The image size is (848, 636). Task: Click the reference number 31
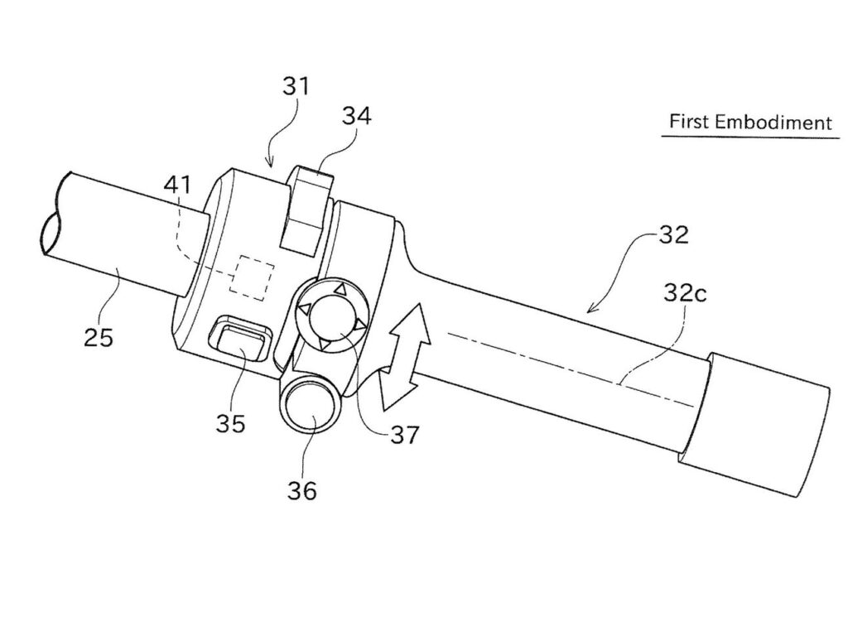pos(296,87)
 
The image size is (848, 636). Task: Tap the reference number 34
pos(357,116)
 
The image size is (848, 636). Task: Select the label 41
pos(178,185)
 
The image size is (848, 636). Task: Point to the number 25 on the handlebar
pos(99,337)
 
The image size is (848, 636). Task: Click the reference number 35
pos(231,423)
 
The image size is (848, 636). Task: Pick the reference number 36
pos(302,490)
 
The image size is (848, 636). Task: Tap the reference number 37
pos(405,434)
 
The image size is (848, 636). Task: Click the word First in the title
pos(688,120)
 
